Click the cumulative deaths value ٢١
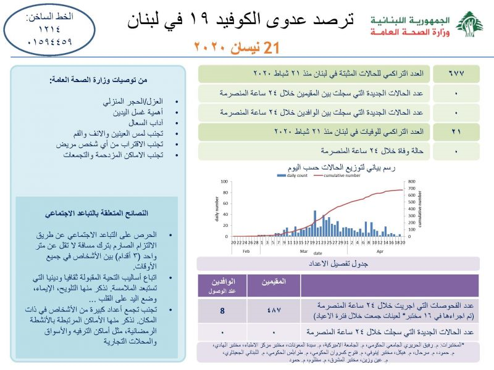pyautogui.click(x=460, y=132)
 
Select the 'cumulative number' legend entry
pyautogui.click(x=338, y=175)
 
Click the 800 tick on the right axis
pyautogui.click(x=412, y=182)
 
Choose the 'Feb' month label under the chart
pyautogui.click(x=245, y=252)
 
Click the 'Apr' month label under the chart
pyautogui.click(x=380, y=252)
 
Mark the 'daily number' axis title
pyautogui.click(x=217, y=209)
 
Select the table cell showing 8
pyautogui.click(x=222, y=310)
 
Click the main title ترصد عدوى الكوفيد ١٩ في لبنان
pyautogui.click(x=241, y=20)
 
